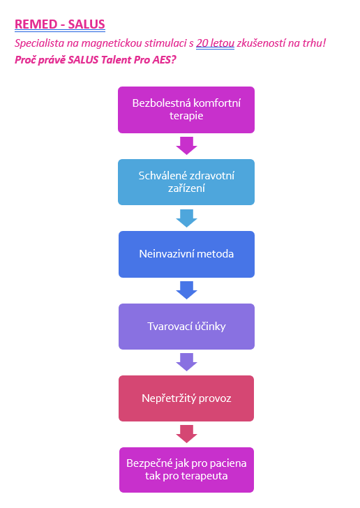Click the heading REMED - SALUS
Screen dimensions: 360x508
[x=60, y=24]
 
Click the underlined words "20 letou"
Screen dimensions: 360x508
[x=215, y=43]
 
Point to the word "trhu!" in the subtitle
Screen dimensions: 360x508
[x=314, y=43]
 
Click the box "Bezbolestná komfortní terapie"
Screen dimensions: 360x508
[x=186, y=110]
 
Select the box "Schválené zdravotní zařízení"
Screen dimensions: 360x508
[x=186, y=182]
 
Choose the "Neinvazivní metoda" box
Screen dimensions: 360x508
[x=187, y=254]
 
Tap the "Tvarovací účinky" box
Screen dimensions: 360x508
[x=187, y=327]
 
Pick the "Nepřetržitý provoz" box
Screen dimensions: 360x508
[x=186, y=398]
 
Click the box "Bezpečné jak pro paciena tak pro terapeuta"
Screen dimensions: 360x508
[x=187, y=470]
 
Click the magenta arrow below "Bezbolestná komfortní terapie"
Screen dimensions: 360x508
[x=187, y=146]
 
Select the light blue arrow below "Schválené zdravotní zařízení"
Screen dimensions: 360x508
[x=187, y=218]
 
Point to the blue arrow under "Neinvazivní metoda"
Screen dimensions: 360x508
[x=187, y=290]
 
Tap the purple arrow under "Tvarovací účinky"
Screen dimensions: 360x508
[x=187, y=362]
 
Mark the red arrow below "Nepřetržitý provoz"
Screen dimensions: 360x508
[x=187, y=434]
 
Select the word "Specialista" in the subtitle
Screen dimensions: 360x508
[x=39, y=43]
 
